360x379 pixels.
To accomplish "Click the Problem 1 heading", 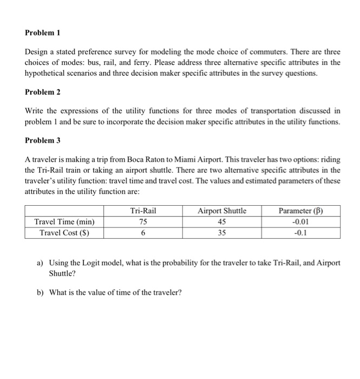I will click(x=42, y=32).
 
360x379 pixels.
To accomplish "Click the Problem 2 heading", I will click(x=42, y=93).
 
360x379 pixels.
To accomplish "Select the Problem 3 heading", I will click(x=42, y=141).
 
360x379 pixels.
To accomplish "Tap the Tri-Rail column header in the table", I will click(x=143, y=211).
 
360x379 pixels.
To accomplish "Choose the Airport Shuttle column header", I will click(x=222, y=211).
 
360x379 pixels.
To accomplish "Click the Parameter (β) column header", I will click(x=301, y=211).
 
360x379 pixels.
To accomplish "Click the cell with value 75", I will click(x=143, y=221).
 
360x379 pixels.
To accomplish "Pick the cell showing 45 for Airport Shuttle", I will click(x=222, y=221).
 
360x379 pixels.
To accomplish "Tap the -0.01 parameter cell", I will click(x=301, y=221).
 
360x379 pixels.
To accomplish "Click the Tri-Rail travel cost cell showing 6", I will click(x=143, y=233).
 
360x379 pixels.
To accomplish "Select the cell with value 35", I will click(x=222, y=233).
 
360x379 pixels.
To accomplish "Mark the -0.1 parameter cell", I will click(x=301, y=233).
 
